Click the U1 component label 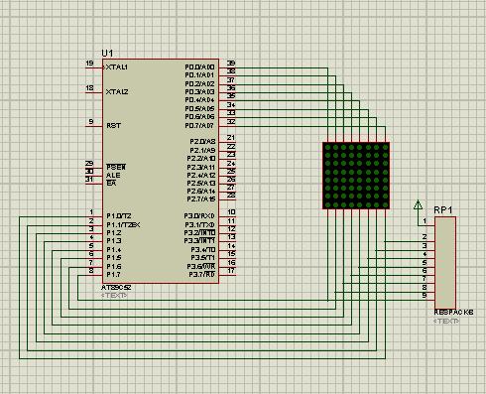107,53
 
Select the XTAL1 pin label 117,66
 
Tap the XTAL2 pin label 117,91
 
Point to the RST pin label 113,126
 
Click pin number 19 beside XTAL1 90,64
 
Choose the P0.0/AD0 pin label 199,66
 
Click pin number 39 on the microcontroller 230,64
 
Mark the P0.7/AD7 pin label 199,126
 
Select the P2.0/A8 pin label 201,142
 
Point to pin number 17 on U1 230,272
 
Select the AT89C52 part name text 116,287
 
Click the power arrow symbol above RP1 417,205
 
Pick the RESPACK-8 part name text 453,312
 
